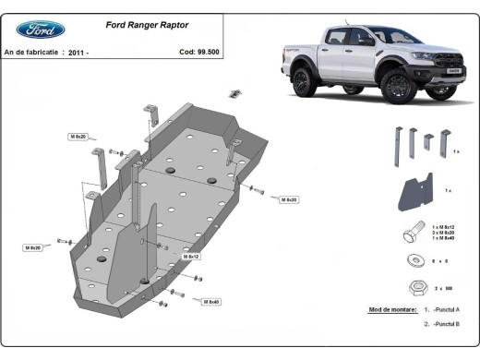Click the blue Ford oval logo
pyautogui.click(x=40, y=30)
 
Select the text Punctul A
pyautogui.click(x=449, y=311)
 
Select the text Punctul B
pyautogui.click(x=449, y=325)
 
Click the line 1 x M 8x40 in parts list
pyautogui.click(x=448, y=238)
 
